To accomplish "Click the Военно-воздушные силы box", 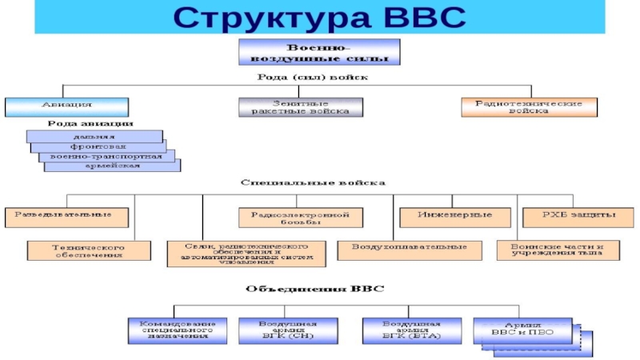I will point(319,52).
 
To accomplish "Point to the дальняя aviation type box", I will point(94,137).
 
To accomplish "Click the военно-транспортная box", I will point(106,157).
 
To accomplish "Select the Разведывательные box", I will point(66,215).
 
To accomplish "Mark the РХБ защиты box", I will point(570,215).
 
